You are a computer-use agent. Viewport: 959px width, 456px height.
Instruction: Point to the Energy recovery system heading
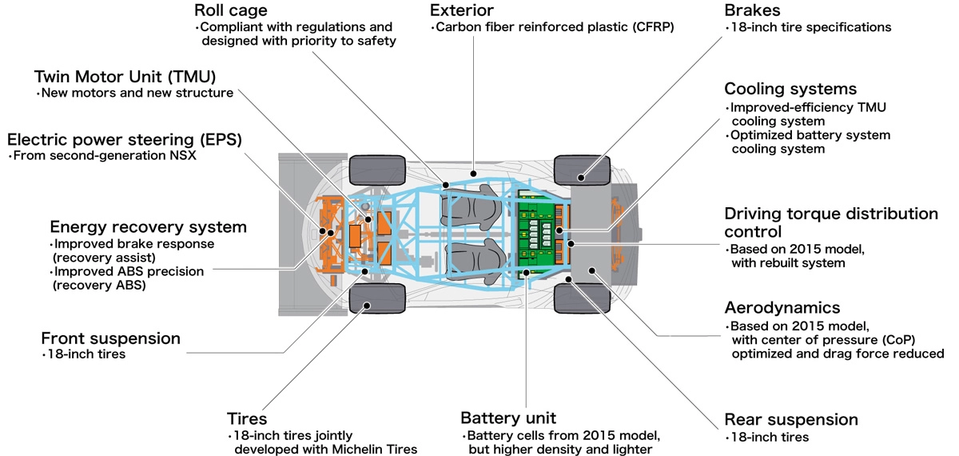click(x=148, y=226)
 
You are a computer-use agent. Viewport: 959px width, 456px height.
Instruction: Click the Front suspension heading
click(x=110, y=338)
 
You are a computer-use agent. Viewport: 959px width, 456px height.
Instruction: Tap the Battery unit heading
click(x=508, y=418)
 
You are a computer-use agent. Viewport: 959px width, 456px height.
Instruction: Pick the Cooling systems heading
click(x=790, y=88)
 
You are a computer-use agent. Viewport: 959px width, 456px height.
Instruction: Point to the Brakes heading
click(x=752, y=11)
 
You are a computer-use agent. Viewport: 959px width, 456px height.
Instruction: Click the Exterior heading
click(x=462, y=11)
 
